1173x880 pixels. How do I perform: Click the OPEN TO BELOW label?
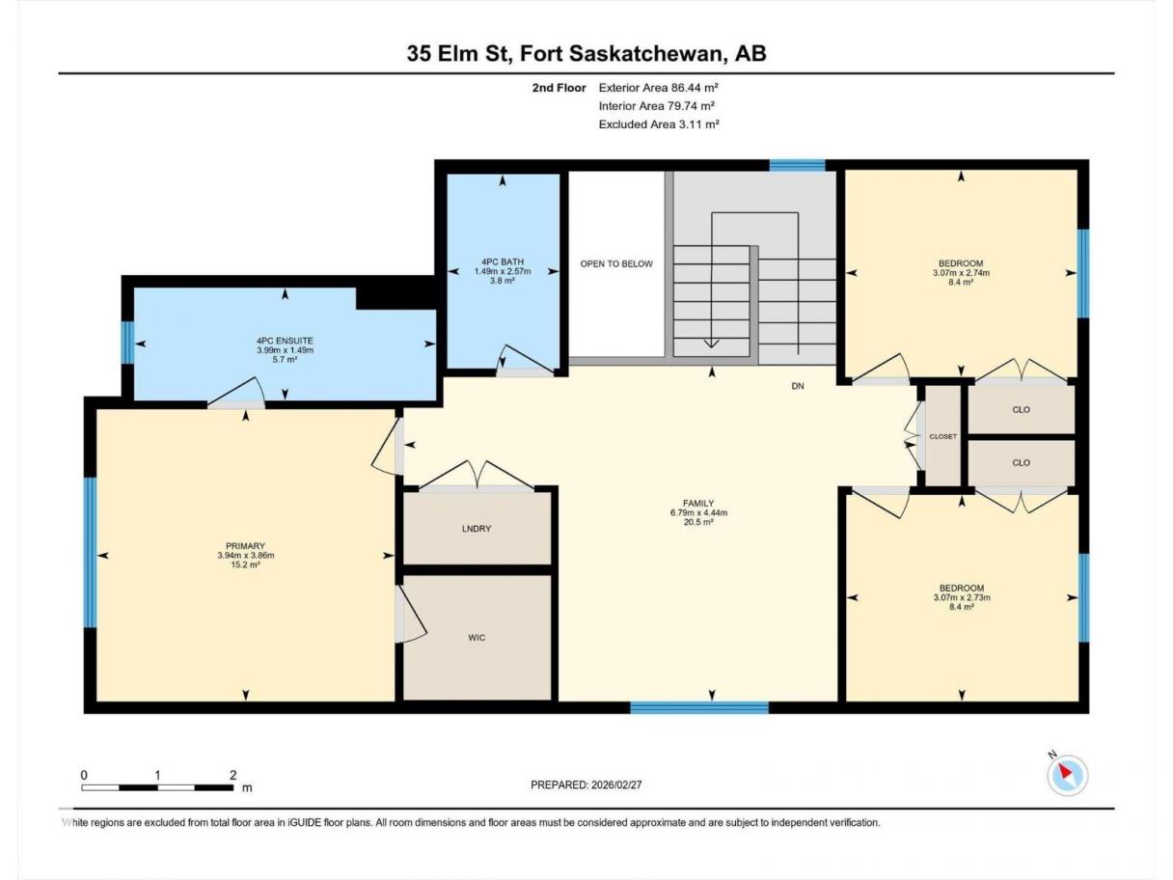pyautogui.click(x=616, y=263)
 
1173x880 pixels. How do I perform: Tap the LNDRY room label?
pyautogui.click(x=477, y=529)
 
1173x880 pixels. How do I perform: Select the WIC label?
pyautogui.click(x=477, y=638)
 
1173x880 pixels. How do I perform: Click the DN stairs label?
pyautogui.click(x=798, y=386)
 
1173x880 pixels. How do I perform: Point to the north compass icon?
pyautogui.click(x=1067, y=774)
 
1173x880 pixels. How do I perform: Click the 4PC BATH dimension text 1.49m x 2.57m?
pyautogui.click(x=503, y=271)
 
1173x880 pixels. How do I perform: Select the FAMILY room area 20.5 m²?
pyautogui.click(x=698, y=522)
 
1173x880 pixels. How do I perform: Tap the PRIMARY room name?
pyautogui.click(x=245, y=545)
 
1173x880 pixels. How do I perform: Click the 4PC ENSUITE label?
pyautogui.click(x=285, y=341)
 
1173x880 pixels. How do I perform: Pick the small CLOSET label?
pyautogui.click(x=942, y=436)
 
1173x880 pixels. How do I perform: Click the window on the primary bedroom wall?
pyautogui.click(x=91, y=552)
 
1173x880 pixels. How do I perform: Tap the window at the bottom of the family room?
pyautogui.click(x=699, y=707)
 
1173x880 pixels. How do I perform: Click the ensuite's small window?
pyautogui.click(x=127, y=343)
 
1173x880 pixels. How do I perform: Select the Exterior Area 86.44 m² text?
pyautogui.click(x=659, y=88)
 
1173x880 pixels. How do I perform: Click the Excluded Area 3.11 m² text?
pyautogui.click(x=659, y=124)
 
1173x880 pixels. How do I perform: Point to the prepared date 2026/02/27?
pyautogui.click(x=616, y=784)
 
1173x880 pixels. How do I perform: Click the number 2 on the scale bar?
pyautogui.click(x=233, y=775)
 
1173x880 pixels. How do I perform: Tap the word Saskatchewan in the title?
pyautogui.click(x=644, y=53)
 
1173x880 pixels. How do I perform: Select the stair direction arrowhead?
pyautogui.click(x=711, y=344)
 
